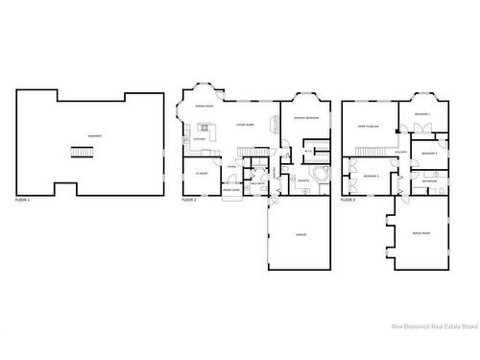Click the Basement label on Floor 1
pos(94,135)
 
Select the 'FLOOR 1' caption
pos(23,200)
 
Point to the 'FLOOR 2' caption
pos(188,200)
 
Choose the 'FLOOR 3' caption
pos(348,200)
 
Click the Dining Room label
pos(204,106)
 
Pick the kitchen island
pos(205,128)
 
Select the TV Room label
pos(202,173)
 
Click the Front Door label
pos(231,190)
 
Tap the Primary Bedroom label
pos(306,117)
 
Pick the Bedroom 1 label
pos(421,115)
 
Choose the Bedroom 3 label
pos(371,177)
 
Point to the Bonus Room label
pos(420,233)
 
